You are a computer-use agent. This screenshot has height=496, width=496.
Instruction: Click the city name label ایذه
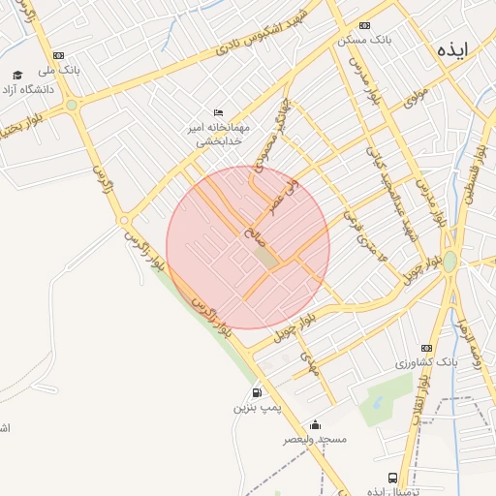pyautogui.click(x=452, y=50)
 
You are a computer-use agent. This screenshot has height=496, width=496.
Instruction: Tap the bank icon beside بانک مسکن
pyautogui.click(x=364, y=26)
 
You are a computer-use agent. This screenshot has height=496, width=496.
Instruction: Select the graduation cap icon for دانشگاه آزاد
pyautogui.click(x=17, y=75)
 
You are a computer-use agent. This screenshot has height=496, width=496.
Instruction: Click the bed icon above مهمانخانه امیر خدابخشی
pyautogui.click(x=219, y=112)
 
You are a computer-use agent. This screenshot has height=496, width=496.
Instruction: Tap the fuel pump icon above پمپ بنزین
pyautogui.click(x=257, y=392)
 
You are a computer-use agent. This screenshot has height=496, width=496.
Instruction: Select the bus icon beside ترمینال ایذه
pyautogui.click(x=391, y=478)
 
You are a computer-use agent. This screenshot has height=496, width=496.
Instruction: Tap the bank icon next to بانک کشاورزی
pyautogui.click(x=426, y=348)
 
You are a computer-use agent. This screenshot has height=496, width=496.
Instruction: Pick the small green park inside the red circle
pyautogui.click(x=265, y=257)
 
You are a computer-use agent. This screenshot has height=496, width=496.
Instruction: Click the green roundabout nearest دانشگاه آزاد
pyautogui.click(x=72, y=105)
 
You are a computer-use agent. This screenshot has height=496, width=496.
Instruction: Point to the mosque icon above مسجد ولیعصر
pyautogui.click(x=315, y=424)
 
